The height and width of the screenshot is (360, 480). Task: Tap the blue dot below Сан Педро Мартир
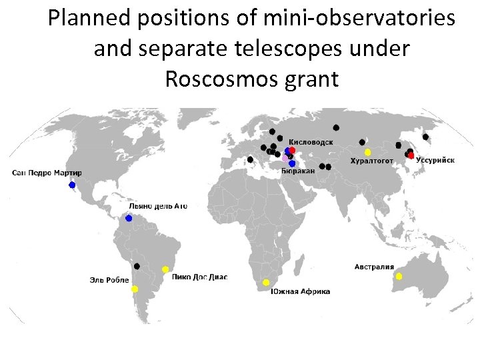72,185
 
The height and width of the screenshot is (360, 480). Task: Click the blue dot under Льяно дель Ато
129,218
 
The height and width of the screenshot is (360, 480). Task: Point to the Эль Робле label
109,280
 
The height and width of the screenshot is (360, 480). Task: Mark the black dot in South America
137,266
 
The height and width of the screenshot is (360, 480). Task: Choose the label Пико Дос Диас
199,277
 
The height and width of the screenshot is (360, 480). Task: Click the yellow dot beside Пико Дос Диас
165,269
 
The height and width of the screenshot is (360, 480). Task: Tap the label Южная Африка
300,291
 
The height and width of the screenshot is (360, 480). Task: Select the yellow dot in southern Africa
266,283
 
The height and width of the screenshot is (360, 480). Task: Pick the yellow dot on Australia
399,276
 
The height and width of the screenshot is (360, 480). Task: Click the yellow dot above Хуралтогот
367,152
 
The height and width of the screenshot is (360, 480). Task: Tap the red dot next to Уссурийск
411,155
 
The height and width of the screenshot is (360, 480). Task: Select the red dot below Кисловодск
292,150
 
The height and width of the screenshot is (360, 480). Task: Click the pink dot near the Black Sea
285,159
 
